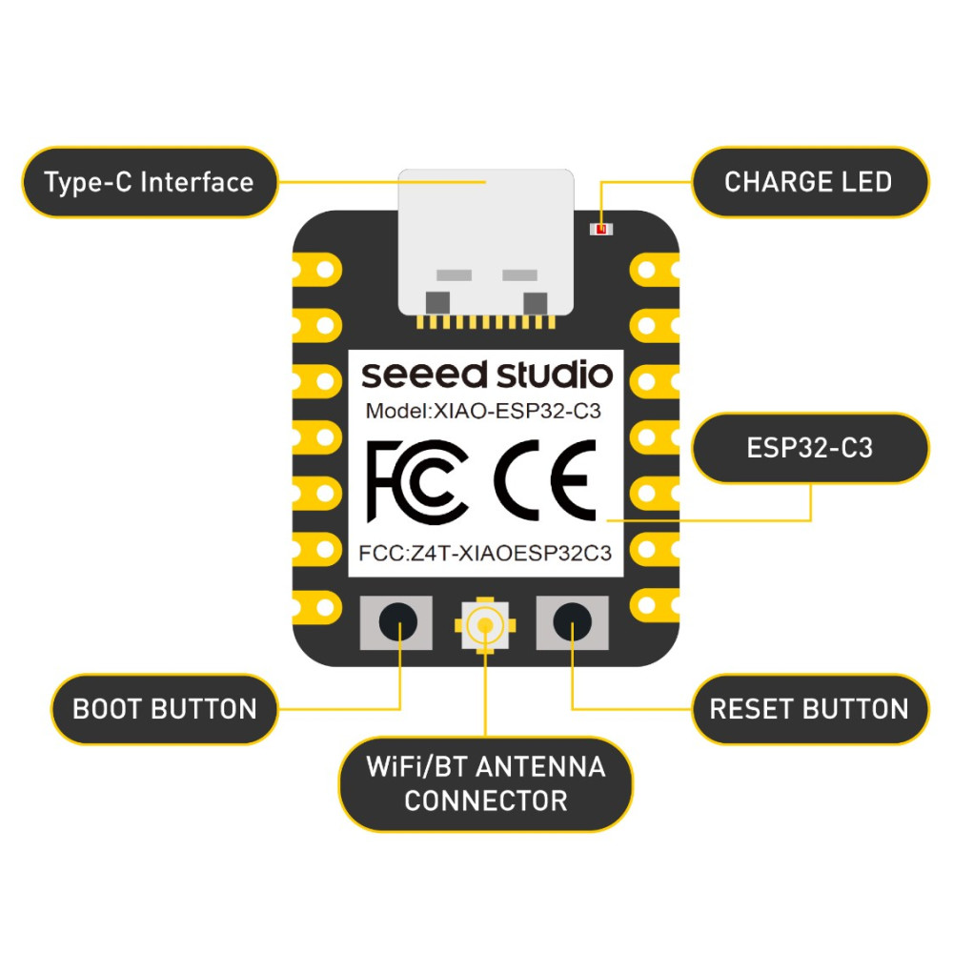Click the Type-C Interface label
click(x=150, y=182)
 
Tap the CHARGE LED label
click(x=810, y=182)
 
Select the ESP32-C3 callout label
click(x=810, y=448)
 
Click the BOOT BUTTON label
click(x=164, y=709)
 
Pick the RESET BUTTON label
click(x=810, y=709)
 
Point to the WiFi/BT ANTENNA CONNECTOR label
click(x=485, y=784)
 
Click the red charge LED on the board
click(x=601, y=229)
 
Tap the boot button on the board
click(x=396, y=622)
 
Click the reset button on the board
click(x=572, y=622)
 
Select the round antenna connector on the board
click(x=485, y=625)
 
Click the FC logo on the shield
click(x=417, y=481)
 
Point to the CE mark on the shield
click(x=545, y=480)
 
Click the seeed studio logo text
click(x=487, y=375)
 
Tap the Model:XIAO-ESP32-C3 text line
click(x=483, y=412)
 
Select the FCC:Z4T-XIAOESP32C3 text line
click(x=485, y=553)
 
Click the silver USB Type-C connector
click(x=486, y=243)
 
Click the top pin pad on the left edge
click(x=317, y=270)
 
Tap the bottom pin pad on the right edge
click(x=655, y=605)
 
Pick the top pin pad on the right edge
click(x=655, y=270)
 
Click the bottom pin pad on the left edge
click(x=317, y=607)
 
